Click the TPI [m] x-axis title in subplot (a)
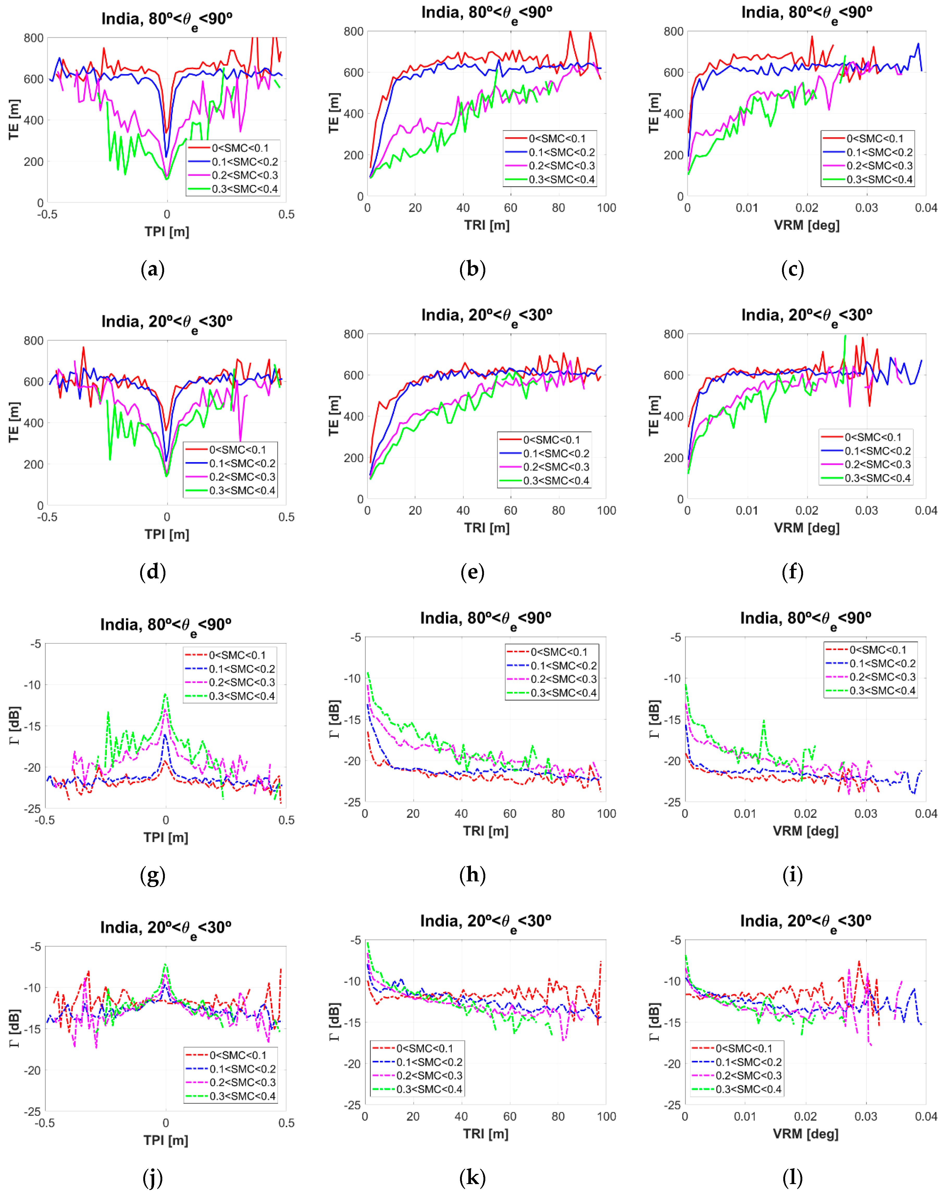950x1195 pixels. (x=167, y=232)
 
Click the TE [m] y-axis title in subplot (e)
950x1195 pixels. (x=334, y=416)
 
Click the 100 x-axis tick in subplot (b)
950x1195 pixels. (x=606, y=208)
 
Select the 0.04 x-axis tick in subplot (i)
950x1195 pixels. (x=926, y=814)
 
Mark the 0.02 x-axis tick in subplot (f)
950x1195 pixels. (x=806, y=510)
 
